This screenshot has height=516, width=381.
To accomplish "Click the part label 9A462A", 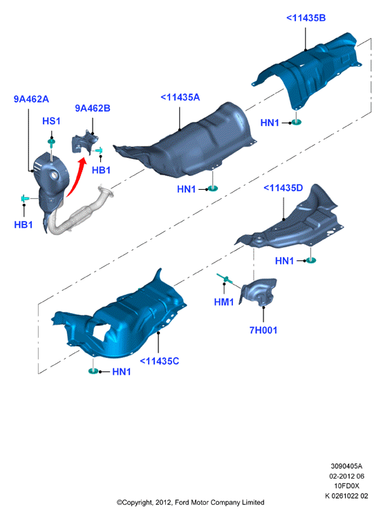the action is click(31, 99).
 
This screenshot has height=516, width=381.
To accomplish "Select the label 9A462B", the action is click(93, 108).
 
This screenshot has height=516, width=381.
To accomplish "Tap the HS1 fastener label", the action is click(51, 121).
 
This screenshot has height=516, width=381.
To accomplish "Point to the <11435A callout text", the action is click(180, 98).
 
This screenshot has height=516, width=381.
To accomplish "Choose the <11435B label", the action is click(306, 18).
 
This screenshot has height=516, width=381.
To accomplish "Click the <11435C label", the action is click(159, 361).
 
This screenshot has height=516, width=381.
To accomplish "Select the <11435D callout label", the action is click(283, 188).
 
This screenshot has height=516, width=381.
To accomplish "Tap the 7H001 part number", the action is click(263, 330).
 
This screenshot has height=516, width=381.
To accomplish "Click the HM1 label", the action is click(224, 302).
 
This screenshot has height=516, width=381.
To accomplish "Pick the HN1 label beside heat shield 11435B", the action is click(270, 123).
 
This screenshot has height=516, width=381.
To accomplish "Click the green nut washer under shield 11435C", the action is click(93, 371).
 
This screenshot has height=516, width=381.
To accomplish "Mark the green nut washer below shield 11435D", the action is click(310, 260).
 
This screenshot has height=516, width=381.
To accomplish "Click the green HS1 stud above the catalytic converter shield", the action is click(52, 143).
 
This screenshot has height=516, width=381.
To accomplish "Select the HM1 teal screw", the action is click(225, 278).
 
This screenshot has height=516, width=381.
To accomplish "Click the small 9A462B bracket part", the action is click(85, 142).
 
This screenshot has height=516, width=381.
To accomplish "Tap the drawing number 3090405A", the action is click(346, 466).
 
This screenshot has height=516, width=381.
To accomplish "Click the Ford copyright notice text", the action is click(191, 503).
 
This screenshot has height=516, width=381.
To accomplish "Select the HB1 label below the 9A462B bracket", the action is click(101, 170).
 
